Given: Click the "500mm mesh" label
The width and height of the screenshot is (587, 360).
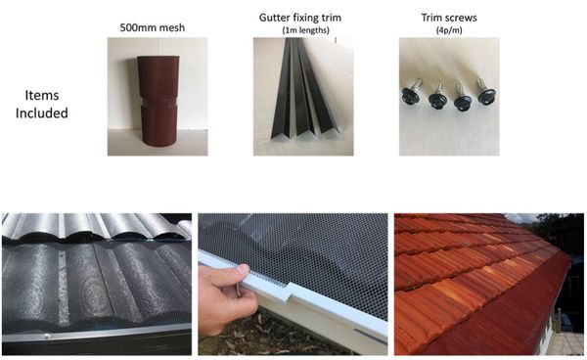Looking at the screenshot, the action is click(x=152, y=27).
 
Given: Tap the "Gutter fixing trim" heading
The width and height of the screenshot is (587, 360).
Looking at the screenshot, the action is click(x=300, y=18).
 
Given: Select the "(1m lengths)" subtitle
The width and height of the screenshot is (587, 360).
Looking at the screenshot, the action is click(x=305, y=30).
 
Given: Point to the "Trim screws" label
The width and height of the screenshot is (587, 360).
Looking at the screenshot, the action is click(x=449, y=18).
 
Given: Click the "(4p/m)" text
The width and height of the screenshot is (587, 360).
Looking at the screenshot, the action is click(x=449, y=30).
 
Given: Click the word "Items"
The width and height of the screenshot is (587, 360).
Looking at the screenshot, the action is click(x=41, y=95).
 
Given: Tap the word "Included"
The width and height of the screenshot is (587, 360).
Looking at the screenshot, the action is click(x=41, y=112).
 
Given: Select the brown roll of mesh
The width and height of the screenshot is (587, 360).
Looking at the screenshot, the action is click(x=158, y=101).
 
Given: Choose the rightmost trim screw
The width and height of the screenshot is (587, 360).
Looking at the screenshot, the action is click(x=486, y=92).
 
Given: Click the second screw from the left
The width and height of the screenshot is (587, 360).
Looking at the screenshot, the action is click(x=437, y=96).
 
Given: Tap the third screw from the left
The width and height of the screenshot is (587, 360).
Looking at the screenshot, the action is click(x=463, y=97).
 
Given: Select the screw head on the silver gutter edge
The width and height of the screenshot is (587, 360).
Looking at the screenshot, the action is click(x=47, y=336).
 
